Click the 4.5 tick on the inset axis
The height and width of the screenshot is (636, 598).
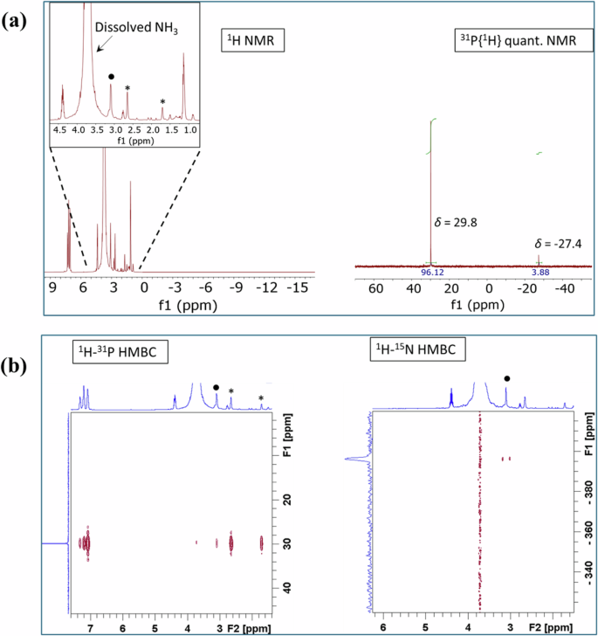(60, 128)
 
